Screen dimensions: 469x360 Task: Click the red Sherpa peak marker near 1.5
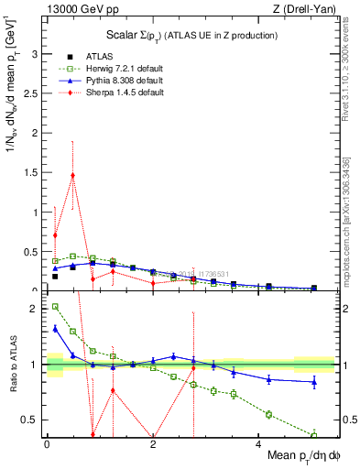pyautogui.click(x=72, y=175)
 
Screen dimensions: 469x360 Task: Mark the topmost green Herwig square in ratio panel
pyautogui.click(x=55, y=307)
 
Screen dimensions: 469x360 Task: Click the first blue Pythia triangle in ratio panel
pyautogui.click(x=55, y=328)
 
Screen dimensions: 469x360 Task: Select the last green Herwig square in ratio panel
pyautogui.click(x=314, y=434)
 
